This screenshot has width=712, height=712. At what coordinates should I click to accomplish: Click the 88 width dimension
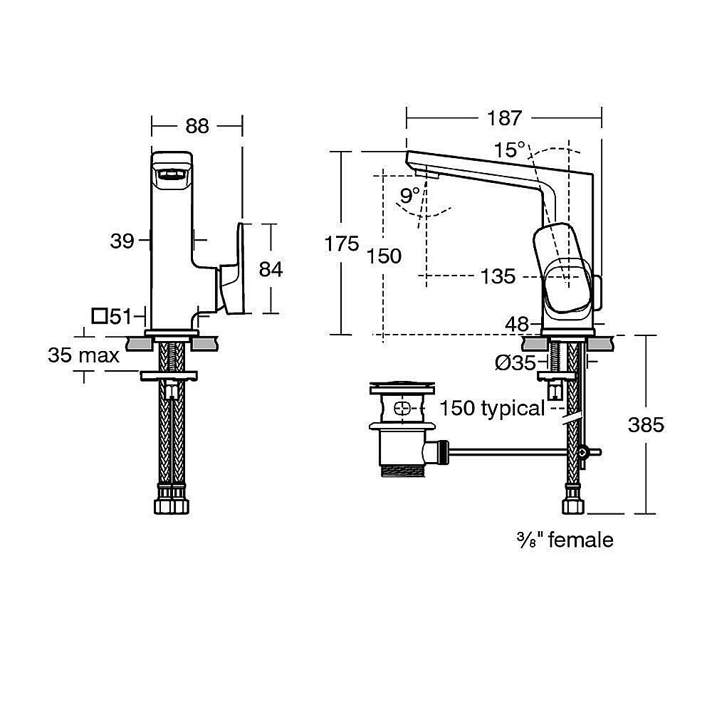(197, 125)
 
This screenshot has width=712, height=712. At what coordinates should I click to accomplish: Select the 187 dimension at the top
(505, 117)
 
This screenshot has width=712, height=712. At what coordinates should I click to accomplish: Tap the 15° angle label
(511, 151)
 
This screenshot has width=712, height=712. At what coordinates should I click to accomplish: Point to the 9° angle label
(409, 195)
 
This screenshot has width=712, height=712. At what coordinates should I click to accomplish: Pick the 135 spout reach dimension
(497, 276)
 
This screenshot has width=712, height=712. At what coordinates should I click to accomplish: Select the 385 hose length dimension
(646, 425)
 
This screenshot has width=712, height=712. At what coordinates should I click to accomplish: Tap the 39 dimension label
(122, 241)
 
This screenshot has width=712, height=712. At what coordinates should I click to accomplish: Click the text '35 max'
(83, 355)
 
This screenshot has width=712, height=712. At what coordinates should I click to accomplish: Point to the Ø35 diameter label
(515, 362)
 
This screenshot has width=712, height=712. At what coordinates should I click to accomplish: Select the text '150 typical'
(491, 409)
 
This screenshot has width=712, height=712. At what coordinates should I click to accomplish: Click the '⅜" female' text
(565, 540)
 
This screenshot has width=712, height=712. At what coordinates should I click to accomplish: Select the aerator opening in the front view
(171, 174)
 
